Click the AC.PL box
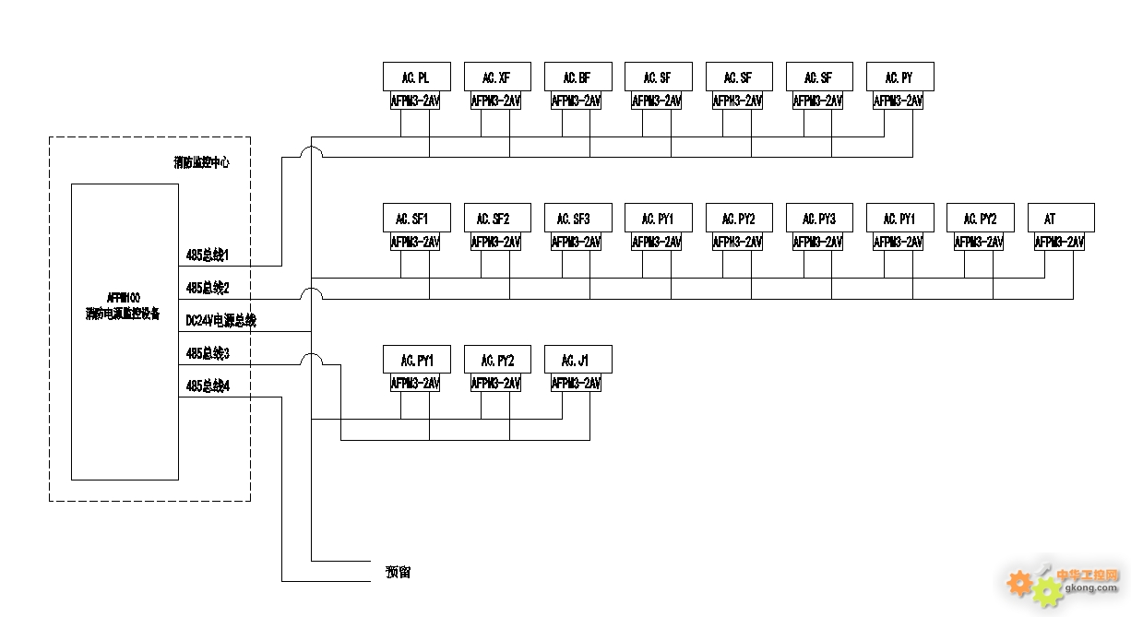coord(416,77)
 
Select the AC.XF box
coord(496,77)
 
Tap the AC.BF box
coord(577,77)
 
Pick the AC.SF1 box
coord(416,219)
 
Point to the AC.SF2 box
coord(496,219)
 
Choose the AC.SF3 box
coord(577,219)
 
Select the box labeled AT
coord(1061,219)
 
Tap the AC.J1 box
coord(577,360)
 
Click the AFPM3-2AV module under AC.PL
coord(416,101)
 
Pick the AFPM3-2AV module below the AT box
coord(1059,243)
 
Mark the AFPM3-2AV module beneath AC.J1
coord(577,384)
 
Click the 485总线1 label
coord(208,255)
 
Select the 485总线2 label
coord(208,288)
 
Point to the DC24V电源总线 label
coord(221,321)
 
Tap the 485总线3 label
coord(208,353)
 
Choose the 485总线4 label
coord(208,386)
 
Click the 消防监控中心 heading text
coord(201,162)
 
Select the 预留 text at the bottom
coord(398,573)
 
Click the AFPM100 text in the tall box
coord(124,298)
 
